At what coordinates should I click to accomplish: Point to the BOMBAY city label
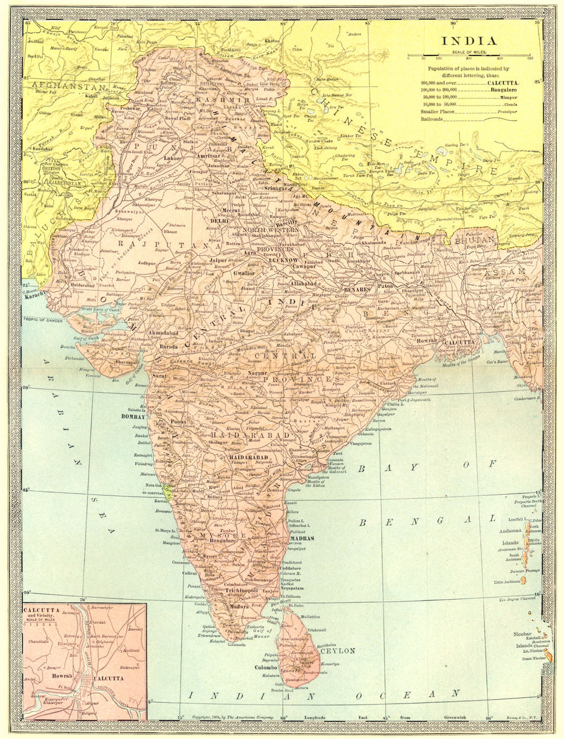(133, 417)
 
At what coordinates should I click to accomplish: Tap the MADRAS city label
(301, 539)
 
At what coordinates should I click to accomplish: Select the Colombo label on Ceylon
(267, 667)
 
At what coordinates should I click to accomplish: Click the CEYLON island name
(337, 650)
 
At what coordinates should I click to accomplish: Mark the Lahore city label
(173, 159)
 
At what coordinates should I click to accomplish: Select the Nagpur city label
(258, 373)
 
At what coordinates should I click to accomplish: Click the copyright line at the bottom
(233, 716)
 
